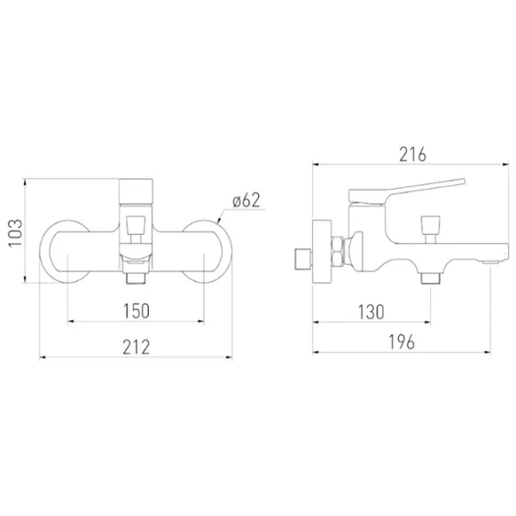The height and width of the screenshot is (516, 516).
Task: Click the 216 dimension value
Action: (x=412, y=154)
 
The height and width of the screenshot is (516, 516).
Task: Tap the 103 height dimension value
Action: (x=15, y=233)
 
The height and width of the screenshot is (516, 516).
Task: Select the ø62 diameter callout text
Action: (x=246, y=200)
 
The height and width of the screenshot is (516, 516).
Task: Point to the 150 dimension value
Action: (x=136, y=311)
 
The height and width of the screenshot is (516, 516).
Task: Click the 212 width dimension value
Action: (x=136, y=347)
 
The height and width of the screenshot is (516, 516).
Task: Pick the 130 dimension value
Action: (x=371, y=312)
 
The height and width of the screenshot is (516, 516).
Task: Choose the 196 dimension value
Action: (x=402, y=342)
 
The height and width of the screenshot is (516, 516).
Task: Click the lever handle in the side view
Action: (x=407, y=190)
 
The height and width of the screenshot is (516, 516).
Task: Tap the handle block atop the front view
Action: (x=136, y=191)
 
